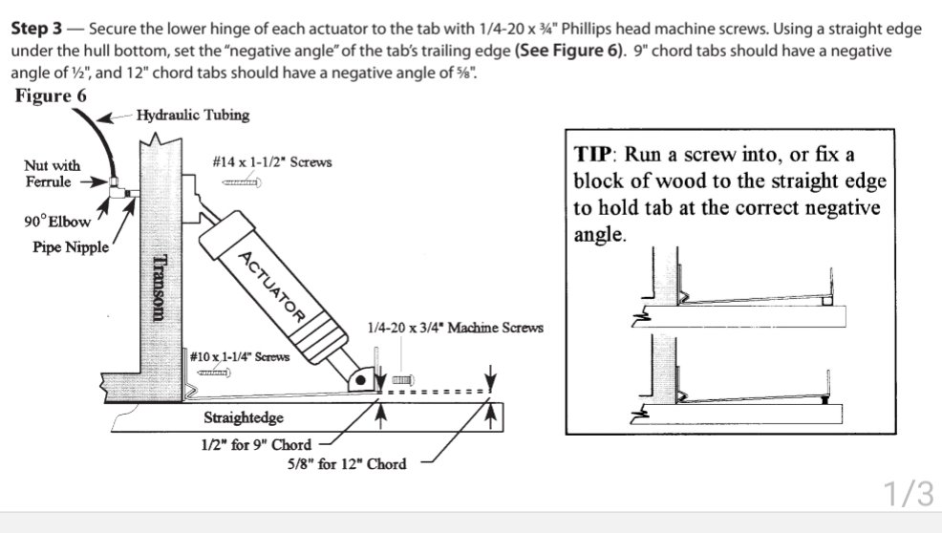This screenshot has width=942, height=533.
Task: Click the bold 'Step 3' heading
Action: (x=42, y=29)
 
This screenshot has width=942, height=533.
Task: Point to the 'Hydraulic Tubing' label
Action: (x=192, y=116)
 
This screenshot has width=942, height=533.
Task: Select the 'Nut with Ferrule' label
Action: (x=52, y=173)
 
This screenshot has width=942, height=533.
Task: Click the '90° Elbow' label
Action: (x=57, y=222)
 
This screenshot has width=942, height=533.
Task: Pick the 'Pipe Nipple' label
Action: (x=66, y=246)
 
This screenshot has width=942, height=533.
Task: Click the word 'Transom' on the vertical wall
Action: (x=161, y=292)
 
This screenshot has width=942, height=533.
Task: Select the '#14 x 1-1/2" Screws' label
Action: (x=272, y=161)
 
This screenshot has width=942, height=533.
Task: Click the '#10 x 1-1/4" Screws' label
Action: (x=239, y=356)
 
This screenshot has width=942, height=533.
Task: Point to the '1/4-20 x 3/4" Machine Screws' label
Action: (x=455, y=328)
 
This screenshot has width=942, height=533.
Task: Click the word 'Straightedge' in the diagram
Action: (x=244, y=417)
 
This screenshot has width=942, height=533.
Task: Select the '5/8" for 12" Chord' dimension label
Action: (x=347, y=464)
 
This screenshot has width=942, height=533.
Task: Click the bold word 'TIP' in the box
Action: (x=594, y=154)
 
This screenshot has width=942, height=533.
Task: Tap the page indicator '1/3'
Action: (x=907, y=494)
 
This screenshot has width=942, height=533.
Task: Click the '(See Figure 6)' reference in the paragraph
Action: (x=567, y=51)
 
